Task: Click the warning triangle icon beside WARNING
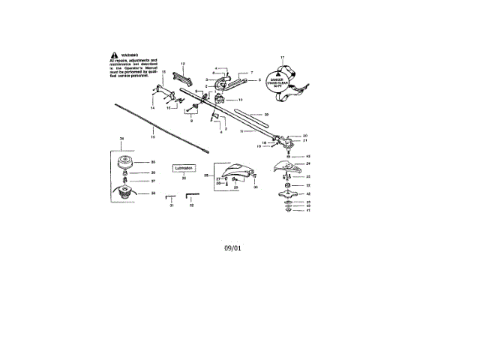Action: pyautogui.click(x=113, y=55)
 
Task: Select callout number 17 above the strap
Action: pyautogui.click(x=282, y=58)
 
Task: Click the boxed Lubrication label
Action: pyautogui.click(x=184, y=168)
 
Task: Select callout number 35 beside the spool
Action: pyautogui.click(x=153, y=162)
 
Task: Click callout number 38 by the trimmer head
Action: pyautogui.click(x=153, y=193)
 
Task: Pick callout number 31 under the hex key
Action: pyautogui.click(x=171, y=205)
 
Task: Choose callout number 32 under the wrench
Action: pyautogui.click(x=191, y=205)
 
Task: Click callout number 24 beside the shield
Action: pyautogui.click(x=307, y=163)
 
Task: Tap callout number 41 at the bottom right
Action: pyautogui.click(x=307, y=211)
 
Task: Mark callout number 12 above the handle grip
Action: pyautogui.click(x=183, y=63)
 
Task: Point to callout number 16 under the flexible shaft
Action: pyautogui.click(x=153, y=138)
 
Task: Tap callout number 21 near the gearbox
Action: pyautogui.click(x=305, y=141)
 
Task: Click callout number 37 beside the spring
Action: pyautogui.click(x=153, y=181)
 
